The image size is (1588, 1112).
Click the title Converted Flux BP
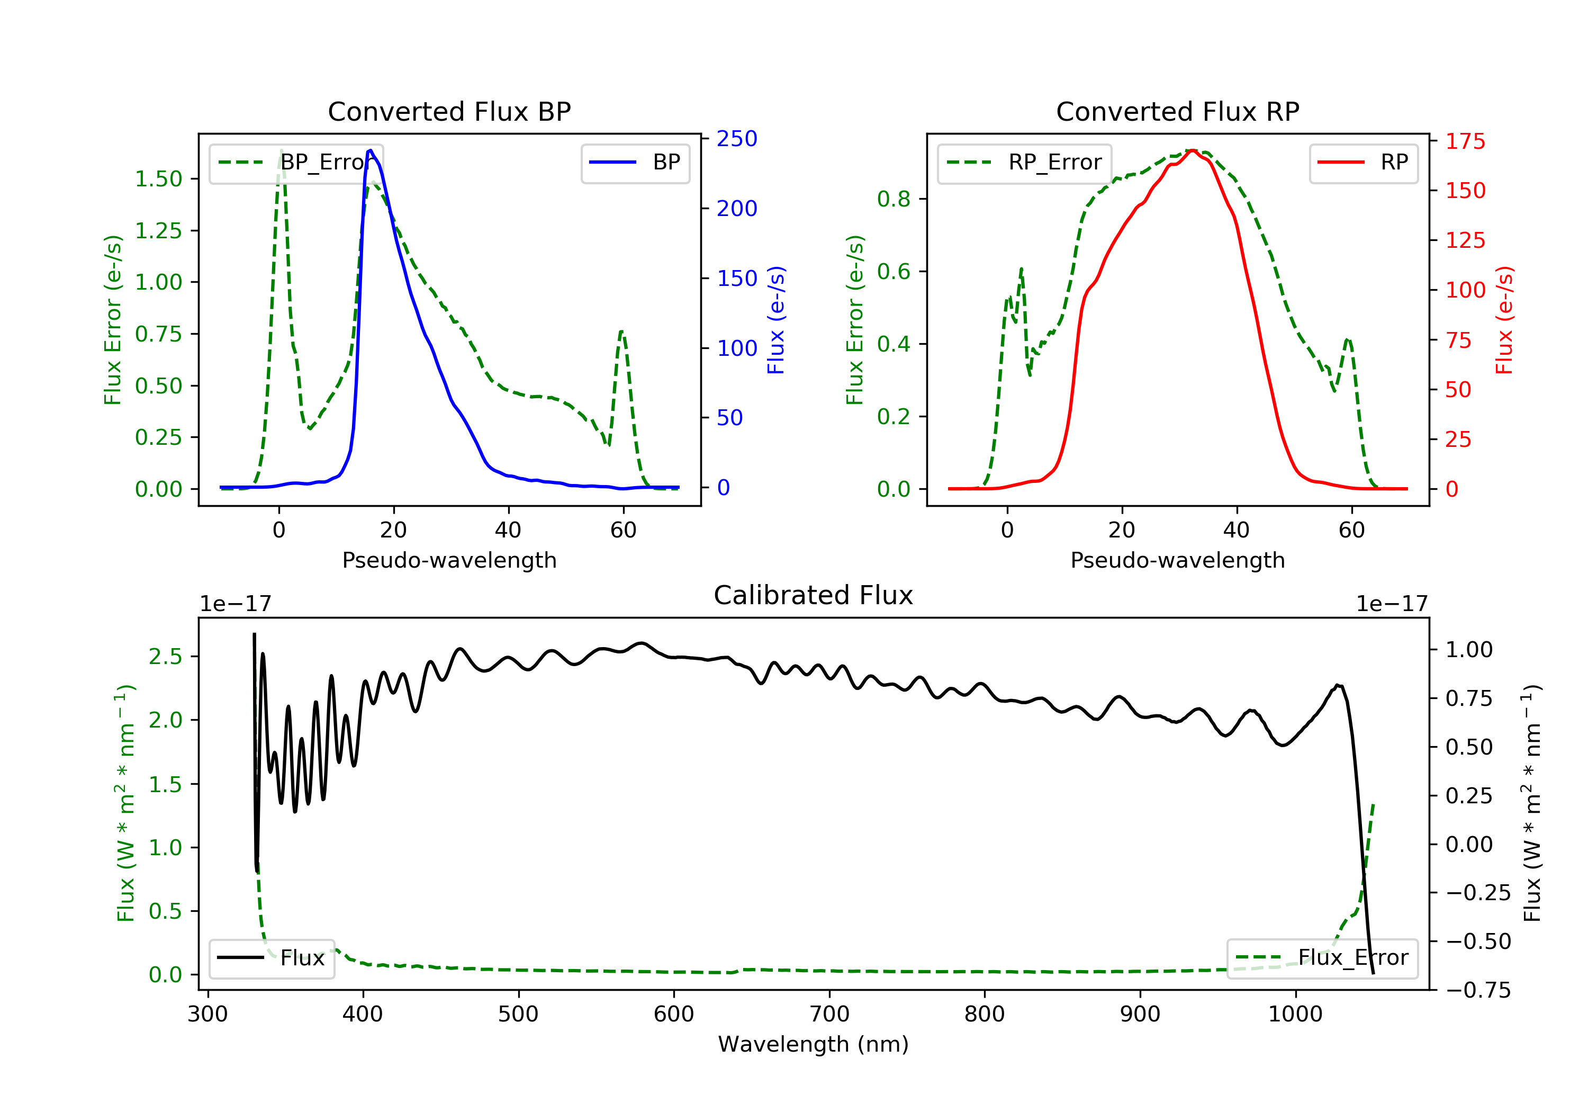[449, 111]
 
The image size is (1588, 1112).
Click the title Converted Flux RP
[1178, 111]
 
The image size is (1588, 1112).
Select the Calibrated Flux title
[814, 595]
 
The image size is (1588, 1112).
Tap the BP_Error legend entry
[296, 163]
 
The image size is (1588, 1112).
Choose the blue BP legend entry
[635, 163]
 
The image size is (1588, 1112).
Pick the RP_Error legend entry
[1024, 163]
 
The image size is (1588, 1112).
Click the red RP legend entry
[1363, 163]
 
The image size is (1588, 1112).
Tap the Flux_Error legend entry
[1322, 958]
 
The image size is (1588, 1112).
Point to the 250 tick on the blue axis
[737, 139]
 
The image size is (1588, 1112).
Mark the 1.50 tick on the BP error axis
[158, 178]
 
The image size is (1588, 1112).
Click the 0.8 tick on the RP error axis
[894, 199]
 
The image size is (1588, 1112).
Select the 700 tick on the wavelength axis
[829, 1015]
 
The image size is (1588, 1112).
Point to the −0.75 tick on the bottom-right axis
[1469, 990]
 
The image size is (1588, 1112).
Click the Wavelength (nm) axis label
[814, 1044]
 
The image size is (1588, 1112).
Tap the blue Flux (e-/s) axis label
[776, 320]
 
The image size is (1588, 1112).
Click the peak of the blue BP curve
[371, 150]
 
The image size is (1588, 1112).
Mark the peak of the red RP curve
[1193, 150]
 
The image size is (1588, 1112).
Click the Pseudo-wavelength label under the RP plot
[1178, 560]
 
